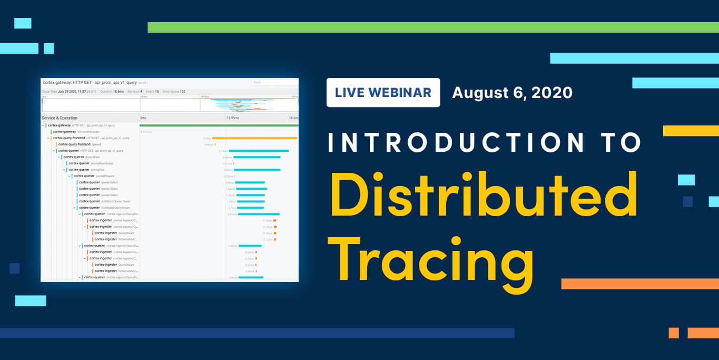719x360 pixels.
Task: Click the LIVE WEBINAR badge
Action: pos(383,93)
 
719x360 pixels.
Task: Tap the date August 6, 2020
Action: pos(512,93)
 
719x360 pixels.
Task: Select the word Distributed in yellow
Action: pos(484,196)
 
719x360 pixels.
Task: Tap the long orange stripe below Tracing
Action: pos(639,284)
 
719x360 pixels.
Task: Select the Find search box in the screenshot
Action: pos(274,83)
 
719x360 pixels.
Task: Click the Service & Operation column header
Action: pos(60,118)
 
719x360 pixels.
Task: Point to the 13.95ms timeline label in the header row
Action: pos(232,118)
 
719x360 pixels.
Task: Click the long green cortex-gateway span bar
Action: pos(219,125)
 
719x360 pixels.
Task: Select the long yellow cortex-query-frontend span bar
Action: pos(254,138)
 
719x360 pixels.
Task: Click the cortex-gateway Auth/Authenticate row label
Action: pos(76,132)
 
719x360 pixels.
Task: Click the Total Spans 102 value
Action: pos(174,92)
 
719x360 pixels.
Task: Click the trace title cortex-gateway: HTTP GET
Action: pos(90,83)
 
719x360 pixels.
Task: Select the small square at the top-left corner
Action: pos(23,23)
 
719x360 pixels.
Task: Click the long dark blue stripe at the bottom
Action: pos(257,333)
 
